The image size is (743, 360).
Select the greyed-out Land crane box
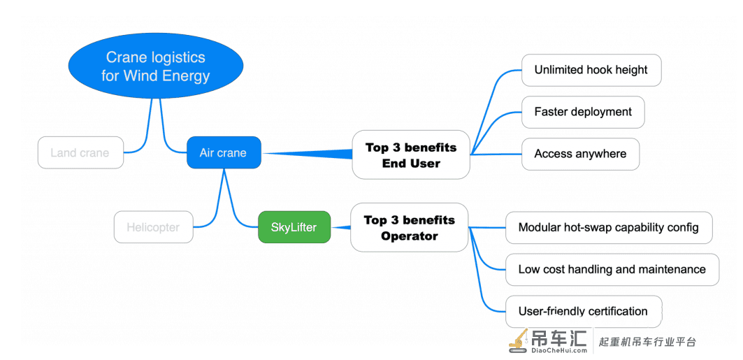click(x=80, y=152)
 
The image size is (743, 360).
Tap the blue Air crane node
click(x=224, y=152)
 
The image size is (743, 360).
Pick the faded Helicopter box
click(x=154, y=227)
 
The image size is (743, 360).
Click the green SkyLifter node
click(x=294, y=227)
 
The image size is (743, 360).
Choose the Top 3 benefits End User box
click(x=411, y=155)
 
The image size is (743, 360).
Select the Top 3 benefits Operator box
click(x=410, y=227)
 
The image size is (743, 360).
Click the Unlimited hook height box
click(x=591, y=70)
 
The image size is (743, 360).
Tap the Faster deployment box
click(x=583, y=113)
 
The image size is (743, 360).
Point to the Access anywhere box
click(x=580, y=154)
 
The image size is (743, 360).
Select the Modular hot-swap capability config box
click(x=609, y=227)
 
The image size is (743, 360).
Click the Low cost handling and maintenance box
click(x=612, y=270)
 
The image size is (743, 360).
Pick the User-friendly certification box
click(x=584, y=311)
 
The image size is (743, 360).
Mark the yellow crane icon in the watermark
click(x=519, y=340)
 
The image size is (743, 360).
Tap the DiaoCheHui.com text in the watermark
click(x=559, y=351)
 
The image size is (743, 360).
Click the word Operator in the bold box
click(x=410, y=236)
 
